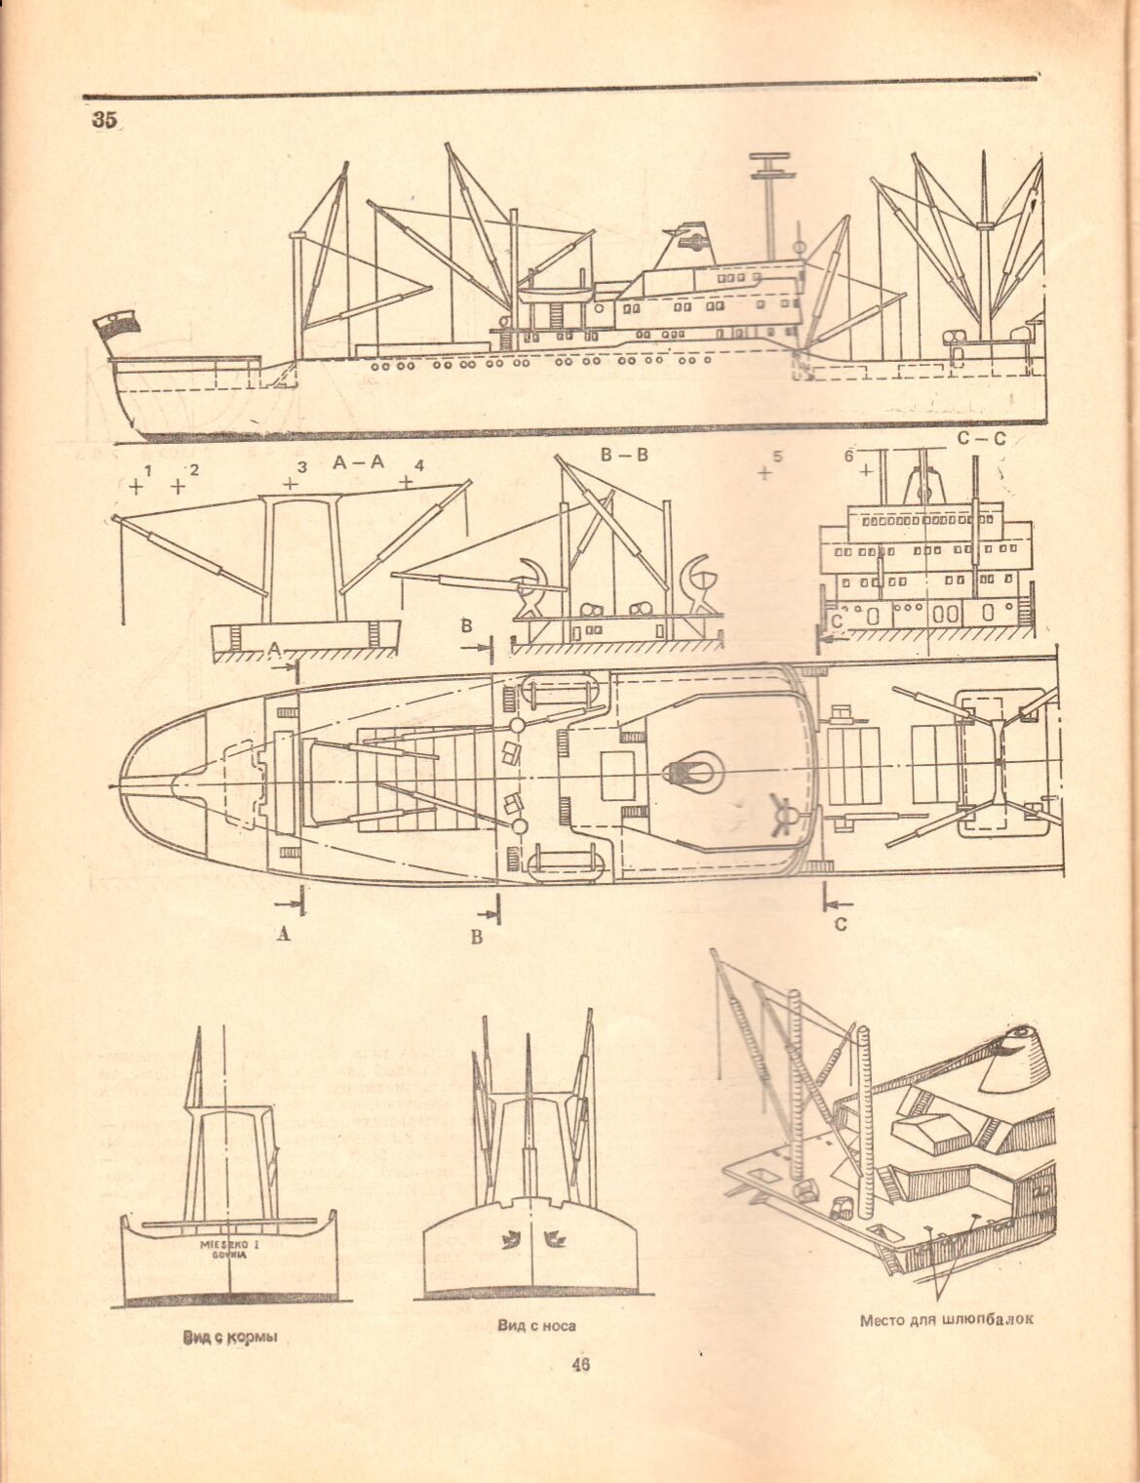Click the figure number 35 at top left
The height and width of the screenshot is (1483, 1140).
click(104, 120)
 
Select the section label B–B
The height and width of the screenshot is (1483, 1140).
click(619, 454)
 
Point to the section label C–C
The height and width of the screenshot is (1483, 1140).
click(979, 440)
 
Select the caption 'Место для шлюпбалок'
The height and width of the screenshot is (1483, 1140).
click(945, 1321)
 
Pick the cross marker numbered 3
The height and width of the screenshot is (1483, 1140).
click(291, 483)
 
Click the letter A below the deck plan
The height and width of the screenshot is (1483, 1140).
click(283, 934)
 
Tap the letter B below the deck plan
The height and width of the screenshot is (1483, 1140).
click(477, 938)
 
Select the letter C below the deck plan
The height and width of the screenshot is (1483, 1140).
click(840, 924)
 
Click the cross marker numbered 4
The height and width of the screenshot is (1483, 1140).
click(406, 482)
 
